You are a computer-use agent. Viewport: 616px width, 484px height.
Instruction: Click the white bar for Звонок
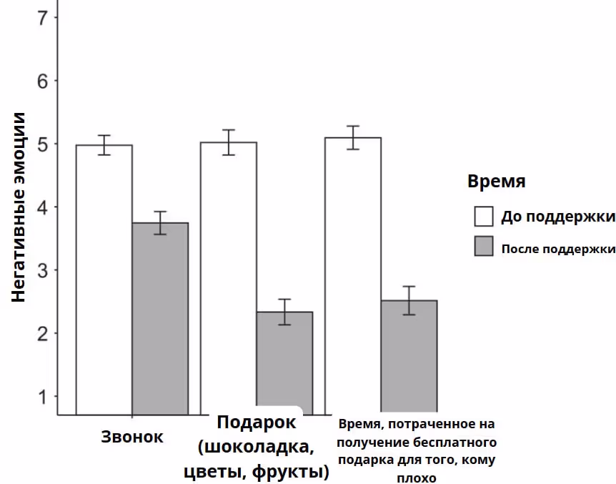click(x=104, y=279)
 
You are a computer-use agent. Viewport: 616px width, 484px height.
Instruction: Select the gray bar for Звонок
click(x=160, y=318)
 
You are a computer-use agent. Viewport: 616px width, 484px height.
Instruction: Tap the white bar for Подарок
click(x=229, y=279)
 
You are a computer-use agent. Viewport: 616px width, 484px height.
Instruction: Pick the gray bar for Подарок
click(x=284, y=361)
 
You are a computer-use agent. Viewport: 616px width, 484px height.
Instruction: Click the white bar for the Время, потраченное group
click(x=353, y=275)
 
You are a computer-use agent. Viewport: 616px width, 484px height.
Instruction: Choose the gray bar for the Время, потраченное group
click(x=409, y=357)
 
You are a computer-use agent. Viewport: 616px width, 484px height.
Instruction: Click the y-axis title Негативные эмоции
click(x=19, y=207)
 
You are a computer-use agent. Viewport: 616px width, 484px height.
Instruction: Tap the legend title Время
click(x=497, y=181)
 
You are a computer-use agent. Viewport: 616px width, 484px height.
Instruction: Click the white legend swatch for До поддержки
click(x=485, y=217)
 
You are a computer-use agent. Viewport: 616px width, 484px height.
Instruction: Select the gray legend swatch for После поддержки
click(x=485, y=247)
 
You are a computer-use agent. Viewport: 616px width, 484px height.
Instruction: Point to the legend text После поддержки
click(x=558, y=249)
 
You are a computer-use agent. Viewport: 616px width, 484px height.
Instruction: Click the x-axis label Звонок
click(x=132, y=437)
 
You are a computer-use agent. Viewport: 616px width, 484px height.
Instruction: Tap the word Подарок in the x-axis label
click(x=256, y=423)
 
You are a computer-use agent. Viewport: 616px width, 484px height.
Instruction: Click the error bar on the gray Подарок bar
click(x=284, y=312)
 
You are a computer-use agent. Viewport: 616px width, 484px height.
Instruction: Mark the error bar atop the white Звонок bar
click(x=104, y=144)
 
